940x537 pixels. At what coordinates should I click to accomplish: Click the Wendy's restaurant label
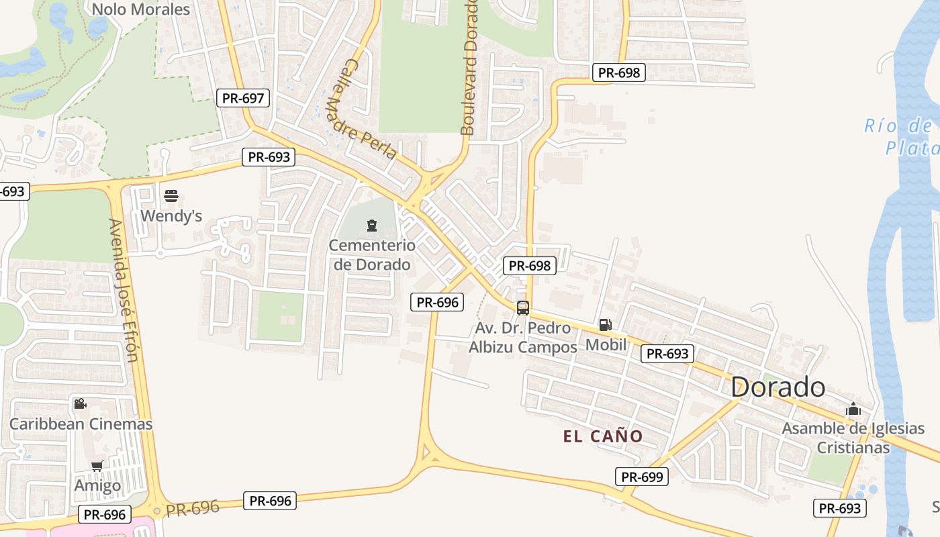click(x=171, y=216)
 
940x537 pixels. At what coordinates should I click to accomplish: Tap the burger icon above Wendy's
click(x=171, y=197)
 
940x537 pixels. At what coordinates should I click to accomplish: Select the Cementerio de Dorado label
click(x=372, y=255)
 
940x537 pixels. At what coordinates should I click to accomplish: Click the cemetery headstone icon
click(x=372, y=226)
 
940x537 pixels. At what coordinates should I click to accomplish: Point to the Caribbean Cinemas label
click(x=81, y=424)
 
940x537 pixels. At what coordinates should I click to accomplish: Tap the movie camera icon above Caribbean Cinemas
click(x=80, y=403)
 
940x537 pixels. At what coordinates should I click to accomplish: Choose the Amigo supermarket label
click(x=97, y=485)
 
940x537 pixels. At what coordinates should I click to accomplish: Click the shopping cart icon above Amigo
click(x=97, y=466)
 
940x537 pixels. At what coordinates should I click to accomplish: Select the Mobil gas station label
click(x=606, y=344)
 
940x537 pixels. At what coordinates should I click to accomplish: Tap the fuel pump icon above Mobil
click(x=605, y=326)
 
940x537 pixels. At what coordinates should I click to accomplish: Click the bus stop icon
click(x=523, y=308)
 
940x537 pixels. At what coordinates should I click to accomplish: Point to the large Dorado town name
click(x=778, y=387)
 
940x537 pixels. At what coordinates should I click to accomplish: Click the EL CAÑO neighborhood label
click(x=603, y=436)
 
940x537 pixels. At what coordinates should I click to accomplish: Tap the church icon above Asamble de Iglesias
click(x=853, y=408)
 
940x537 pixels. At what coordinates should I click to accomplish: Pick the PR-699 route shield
click(x=641, y=477)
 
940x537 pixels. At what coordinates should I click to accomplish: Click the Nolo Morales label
click(x=141, y=9)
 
